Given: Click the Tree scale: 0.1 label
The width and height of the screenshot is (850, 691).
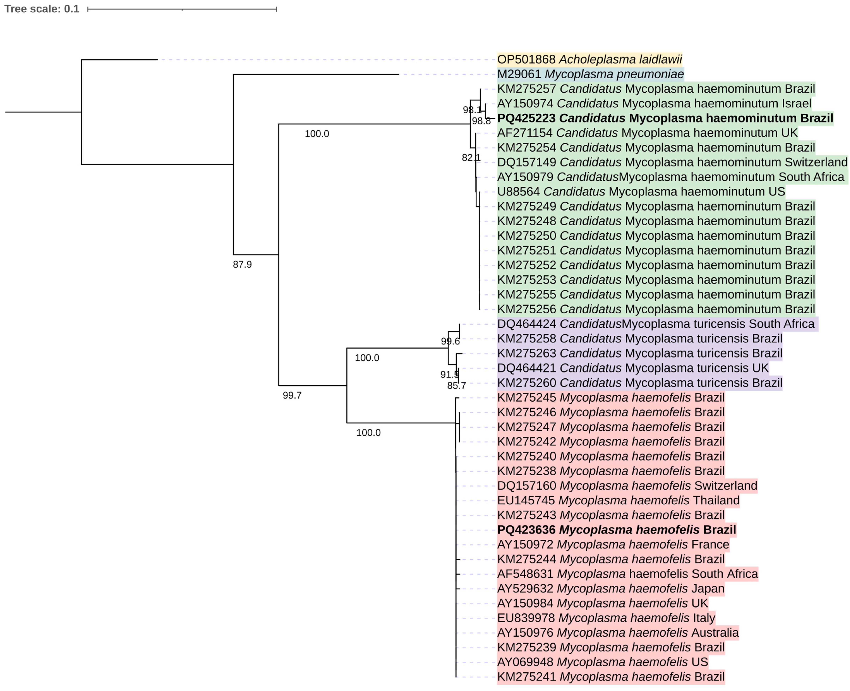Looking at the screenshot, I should (42, 9).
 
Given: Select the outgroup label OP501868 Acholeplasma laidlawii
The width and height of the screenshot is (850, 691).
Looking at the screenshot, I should (589, 59).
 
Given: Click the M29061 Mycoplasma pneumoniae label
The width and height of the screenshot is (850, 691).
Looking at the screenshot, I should (590, 74).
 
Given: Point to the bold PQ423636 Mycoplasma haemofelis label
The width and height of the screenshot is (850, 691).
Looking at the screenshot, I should (616, 530).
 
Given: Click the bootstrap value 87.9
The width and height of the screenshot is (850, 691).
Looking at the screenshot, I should (242, 264).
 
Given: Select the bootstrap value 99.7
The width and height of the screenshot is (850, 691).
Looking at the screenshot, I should (292, 395).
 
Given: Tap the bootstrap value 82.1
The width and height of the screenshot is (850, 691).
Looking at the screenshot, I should (471, 158).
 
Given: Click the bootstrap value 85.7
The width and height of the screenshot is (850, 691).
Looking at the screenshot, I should (456, 385).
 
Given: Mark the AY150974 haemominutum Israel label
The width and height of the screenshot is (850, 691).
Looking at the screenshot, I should (654, 104).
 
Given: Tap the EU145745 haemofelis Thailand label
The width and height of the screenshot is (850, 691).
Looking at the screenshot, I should (618, 500).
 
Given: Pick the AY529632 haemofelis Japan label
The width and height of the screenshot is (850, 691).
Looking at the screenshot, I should (610, 589).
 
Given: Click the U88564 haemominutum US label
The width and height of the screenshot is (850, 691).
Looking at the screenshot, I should (641, 191).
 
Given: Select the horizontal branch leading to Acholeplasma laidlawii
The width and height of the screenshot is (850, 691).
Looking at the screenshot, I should (119, 60).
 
